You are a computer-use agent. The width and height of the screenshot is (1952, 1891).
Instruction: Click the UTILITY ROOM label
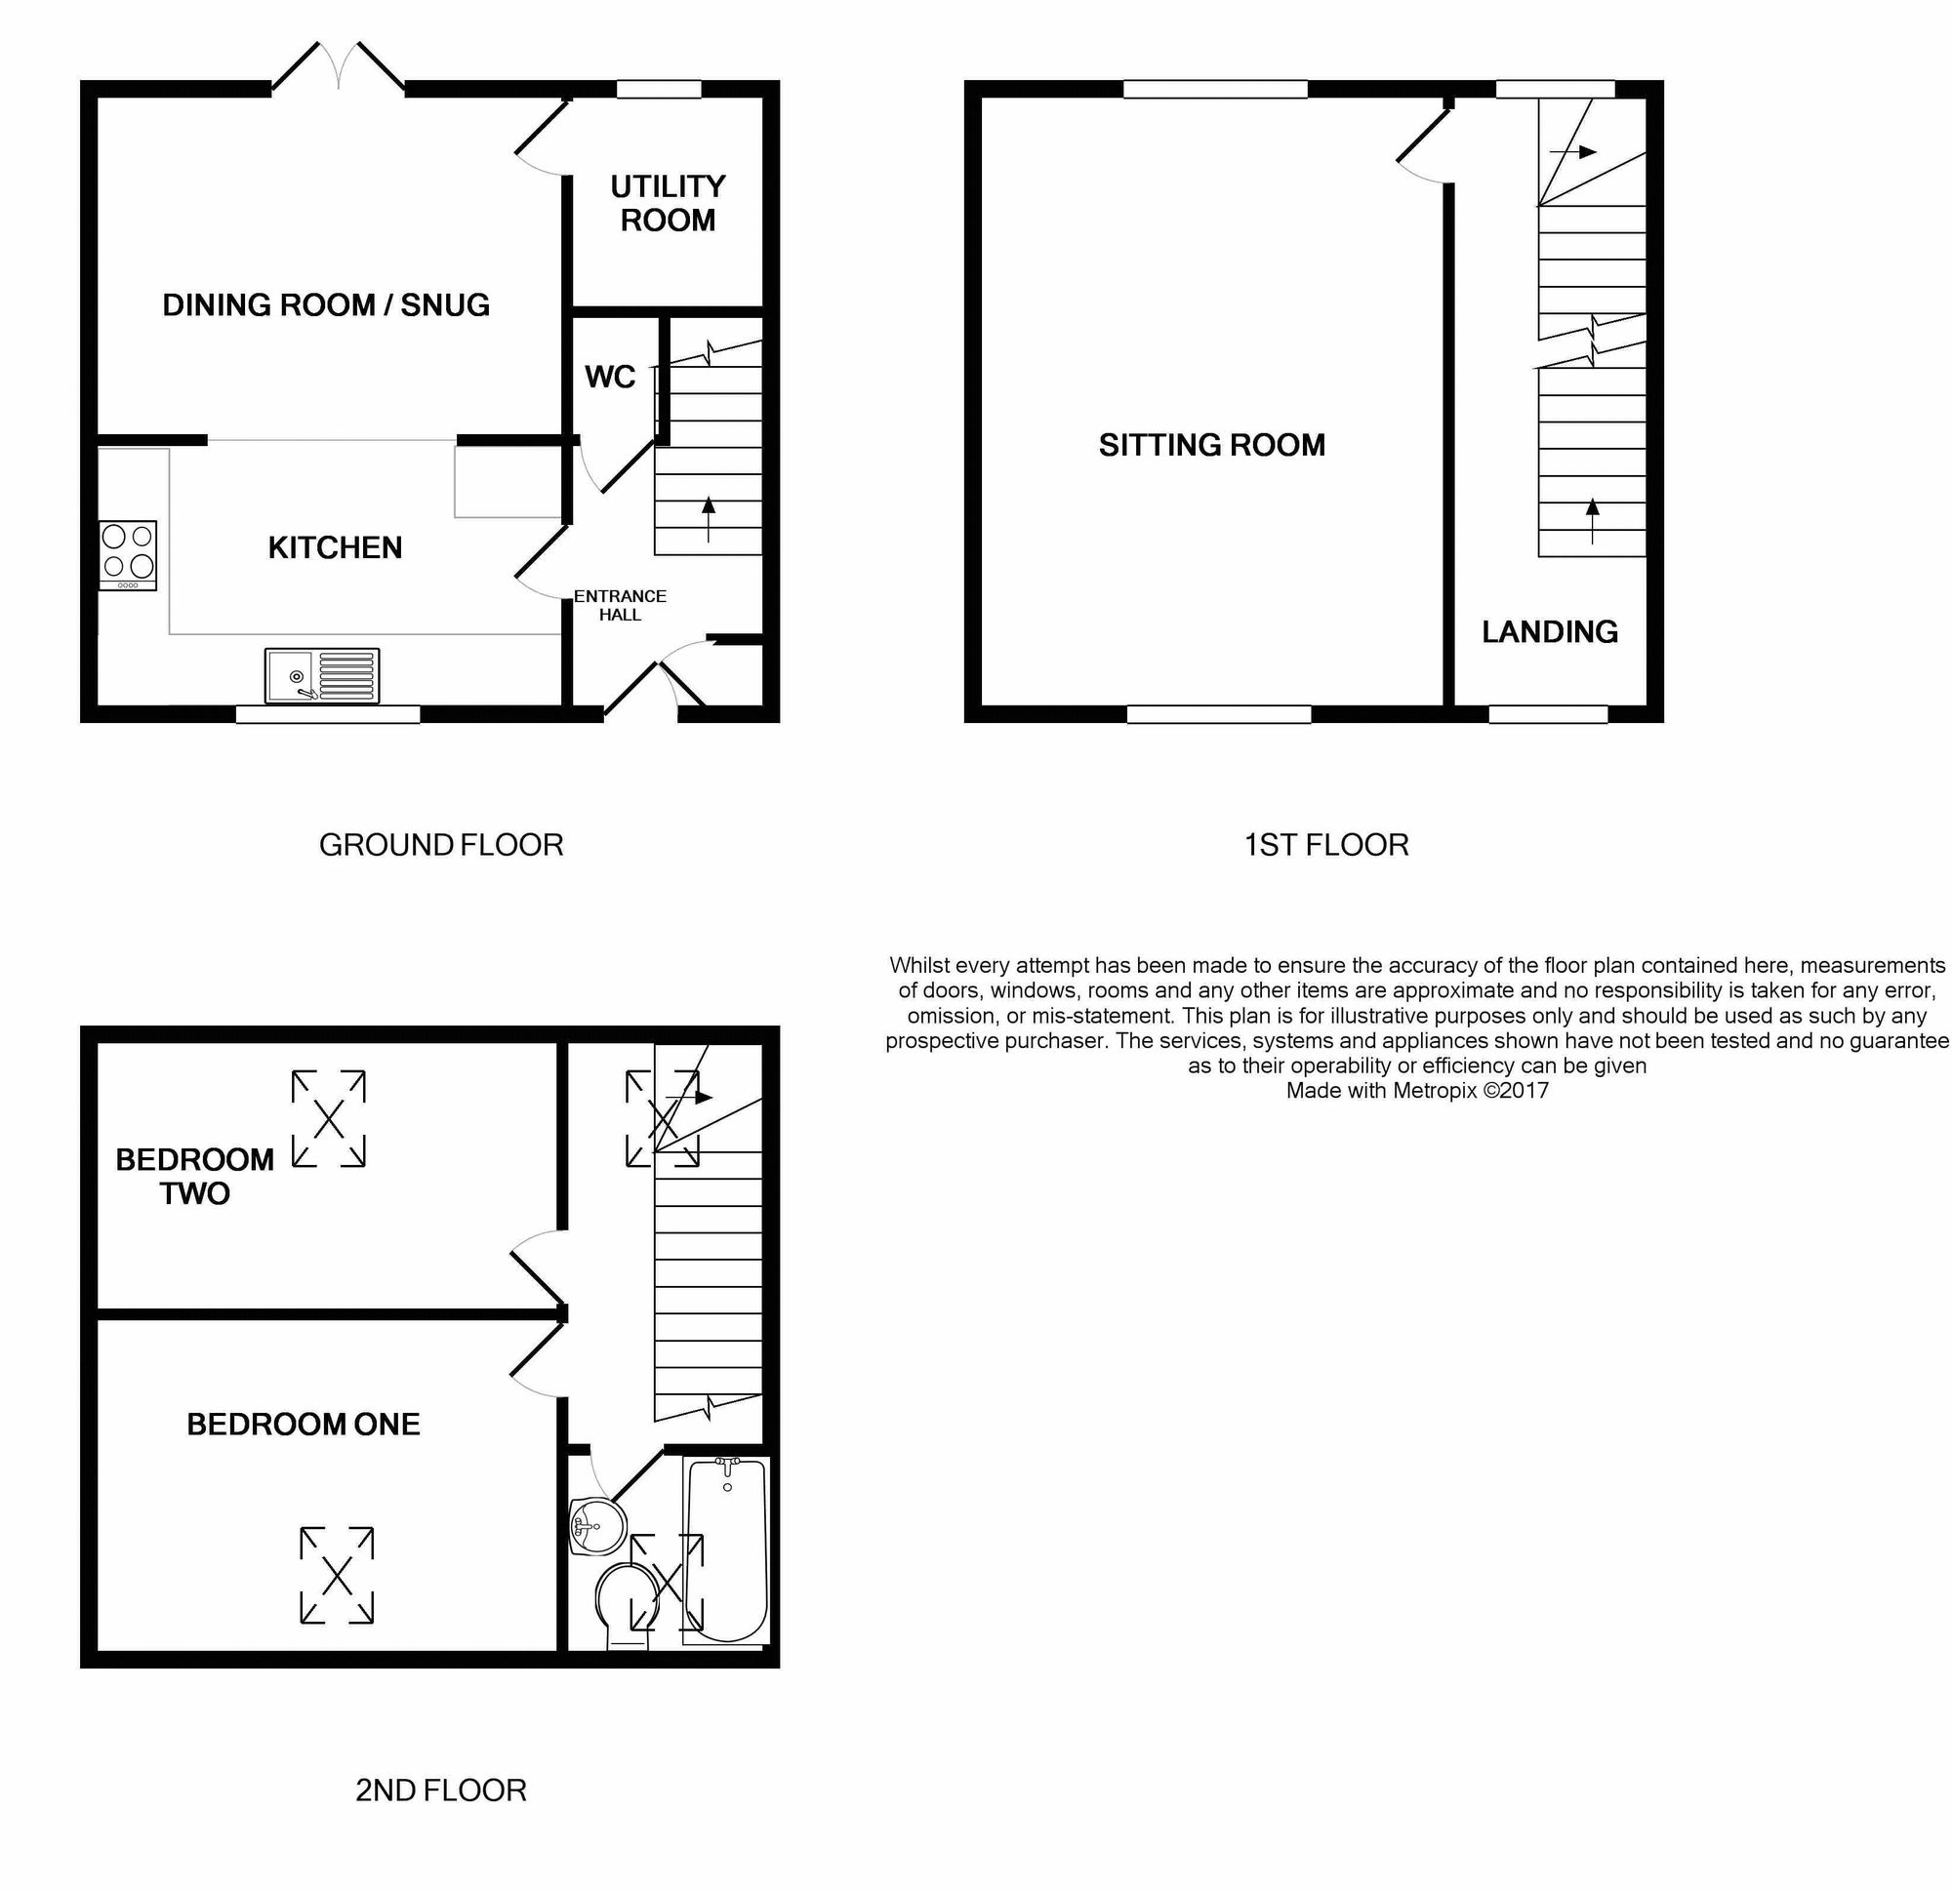click(x=668, y=203)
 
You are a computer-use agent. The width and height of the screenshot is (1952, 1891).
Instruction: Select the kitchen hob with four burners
click(x=129, y=554)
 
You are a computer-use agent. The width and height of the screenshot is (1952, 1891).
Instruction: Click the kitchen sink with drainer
click(x=323, y=675)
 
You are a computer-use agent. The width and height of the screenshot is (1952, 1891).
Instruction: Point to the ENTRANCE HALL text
click(x=620, y=605)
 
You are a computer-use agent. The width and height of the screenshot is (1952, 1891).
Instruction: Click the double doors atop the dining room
click(x=339, y=68)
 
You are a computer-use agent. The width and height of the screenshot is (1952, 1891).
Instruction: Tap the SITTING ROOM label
click(x=1212, y=445)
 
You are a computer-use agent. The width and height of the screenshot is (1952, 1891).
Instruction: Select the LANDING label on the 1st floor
click(x=1550, y=631)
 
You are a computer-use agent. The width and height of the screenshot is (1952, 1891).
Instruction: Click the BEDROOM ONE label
click(x=304, y=1424)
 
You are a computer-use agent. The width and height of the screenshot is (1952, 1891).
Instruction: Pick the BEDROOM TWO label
click(x=195, y=1176)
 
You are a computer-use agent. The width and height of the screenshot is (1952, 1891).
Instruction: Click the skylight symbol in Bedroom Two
click(x=329, y=1118)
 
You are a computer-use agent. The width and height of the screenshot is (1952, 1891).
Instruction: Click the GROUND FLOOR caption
click(x=441, y=845)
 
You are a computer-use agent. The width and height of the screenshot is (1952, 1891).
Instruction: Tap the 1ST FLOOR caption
click(x=1326, y=845)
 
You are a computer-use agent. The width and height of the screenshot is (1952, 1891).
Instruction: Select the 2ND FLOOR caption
click(x=441, y=1790)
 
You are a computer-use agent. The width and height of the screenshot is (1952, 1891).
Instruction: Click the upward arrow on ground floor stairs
click(x=710, y=519)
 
